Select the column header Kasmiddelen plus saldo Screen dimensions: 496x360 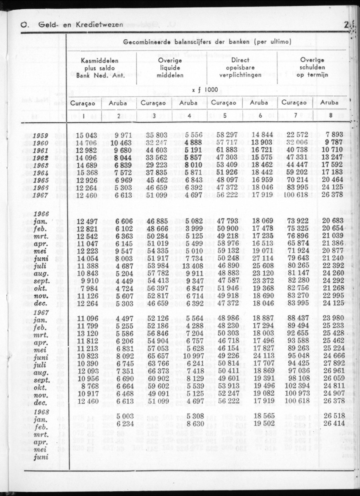coord(100,68)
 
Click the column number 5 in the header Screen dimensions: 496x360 coord(225,116)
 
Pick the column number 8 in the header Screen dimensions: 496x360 coord(329,116)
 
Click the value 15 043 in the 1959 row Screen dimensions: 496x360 coord(86,136)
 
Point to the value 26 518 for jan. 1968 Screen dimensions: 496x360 coord(332,417)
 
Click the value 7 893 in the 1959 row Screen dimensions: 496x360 coord(334,136)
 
